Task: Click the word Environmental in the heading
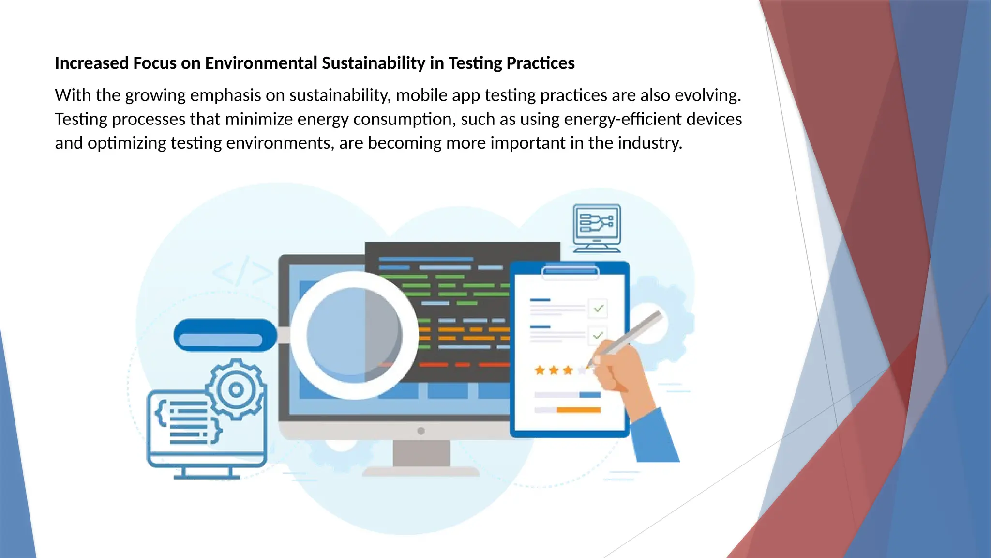point(261,63)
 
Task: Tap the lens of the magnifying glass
point(354,335)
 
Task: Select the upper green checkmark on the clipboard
point(599,308)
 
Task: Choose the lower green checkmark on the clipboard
point(598,335)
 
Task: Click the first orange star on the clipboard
point(540,371)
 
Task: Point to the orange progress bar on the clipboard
point(578,410)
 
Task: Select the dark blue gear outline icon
point(236,389)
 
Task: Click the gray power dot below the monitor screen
point(421,431)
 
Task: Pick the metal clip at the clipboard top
point(570,272)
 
